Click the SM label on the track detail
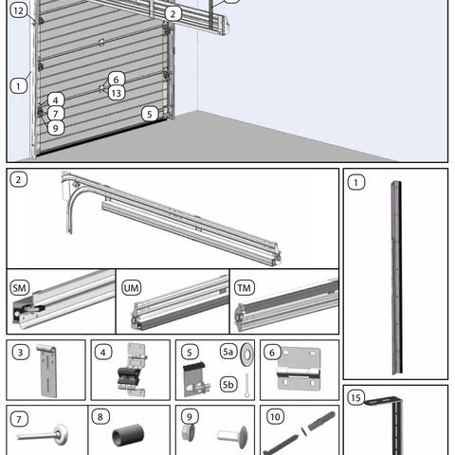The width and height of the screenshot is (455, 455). [x=20, y=287]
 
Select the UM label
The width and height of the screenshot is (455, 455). [x=132, y=287]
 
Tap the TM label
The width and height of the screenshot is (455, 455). [x=245, y=287]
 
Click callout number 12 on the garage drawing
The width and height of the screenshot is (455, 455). [x=19, y=10]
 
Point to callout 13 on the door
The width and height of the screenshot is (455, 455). [x=117, y=93]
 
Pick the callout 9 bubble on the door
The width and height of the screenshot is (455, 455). [x=56, y=128]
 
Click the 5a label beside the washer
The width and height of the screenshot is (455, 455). [x=227, y=352]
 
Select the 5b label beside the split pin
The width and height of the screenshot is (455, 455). [x=227, y=384]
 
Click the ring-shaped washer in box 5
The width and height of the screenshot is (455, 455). [x=246, y=355]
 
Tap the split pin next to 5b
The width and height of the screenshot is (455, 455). [x=246, y=385]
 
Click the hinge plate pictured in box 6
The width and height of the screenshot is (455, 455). [x=299, y=369]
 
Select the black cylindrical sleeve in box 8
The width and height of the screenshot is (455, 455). [x=128, y=435]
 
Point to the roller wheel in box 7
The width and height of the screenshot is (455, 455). [x=60, y=434]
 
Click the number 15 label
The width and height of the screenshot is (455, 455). [x=355, y=397]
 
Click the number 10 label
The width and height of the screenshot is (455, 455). [x=275, y=417]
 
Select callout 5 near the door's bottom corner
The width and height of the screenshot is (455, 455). [x=150, y=114]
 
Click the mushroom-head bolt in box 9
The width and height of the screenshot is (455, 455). [x=232, y=436]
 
